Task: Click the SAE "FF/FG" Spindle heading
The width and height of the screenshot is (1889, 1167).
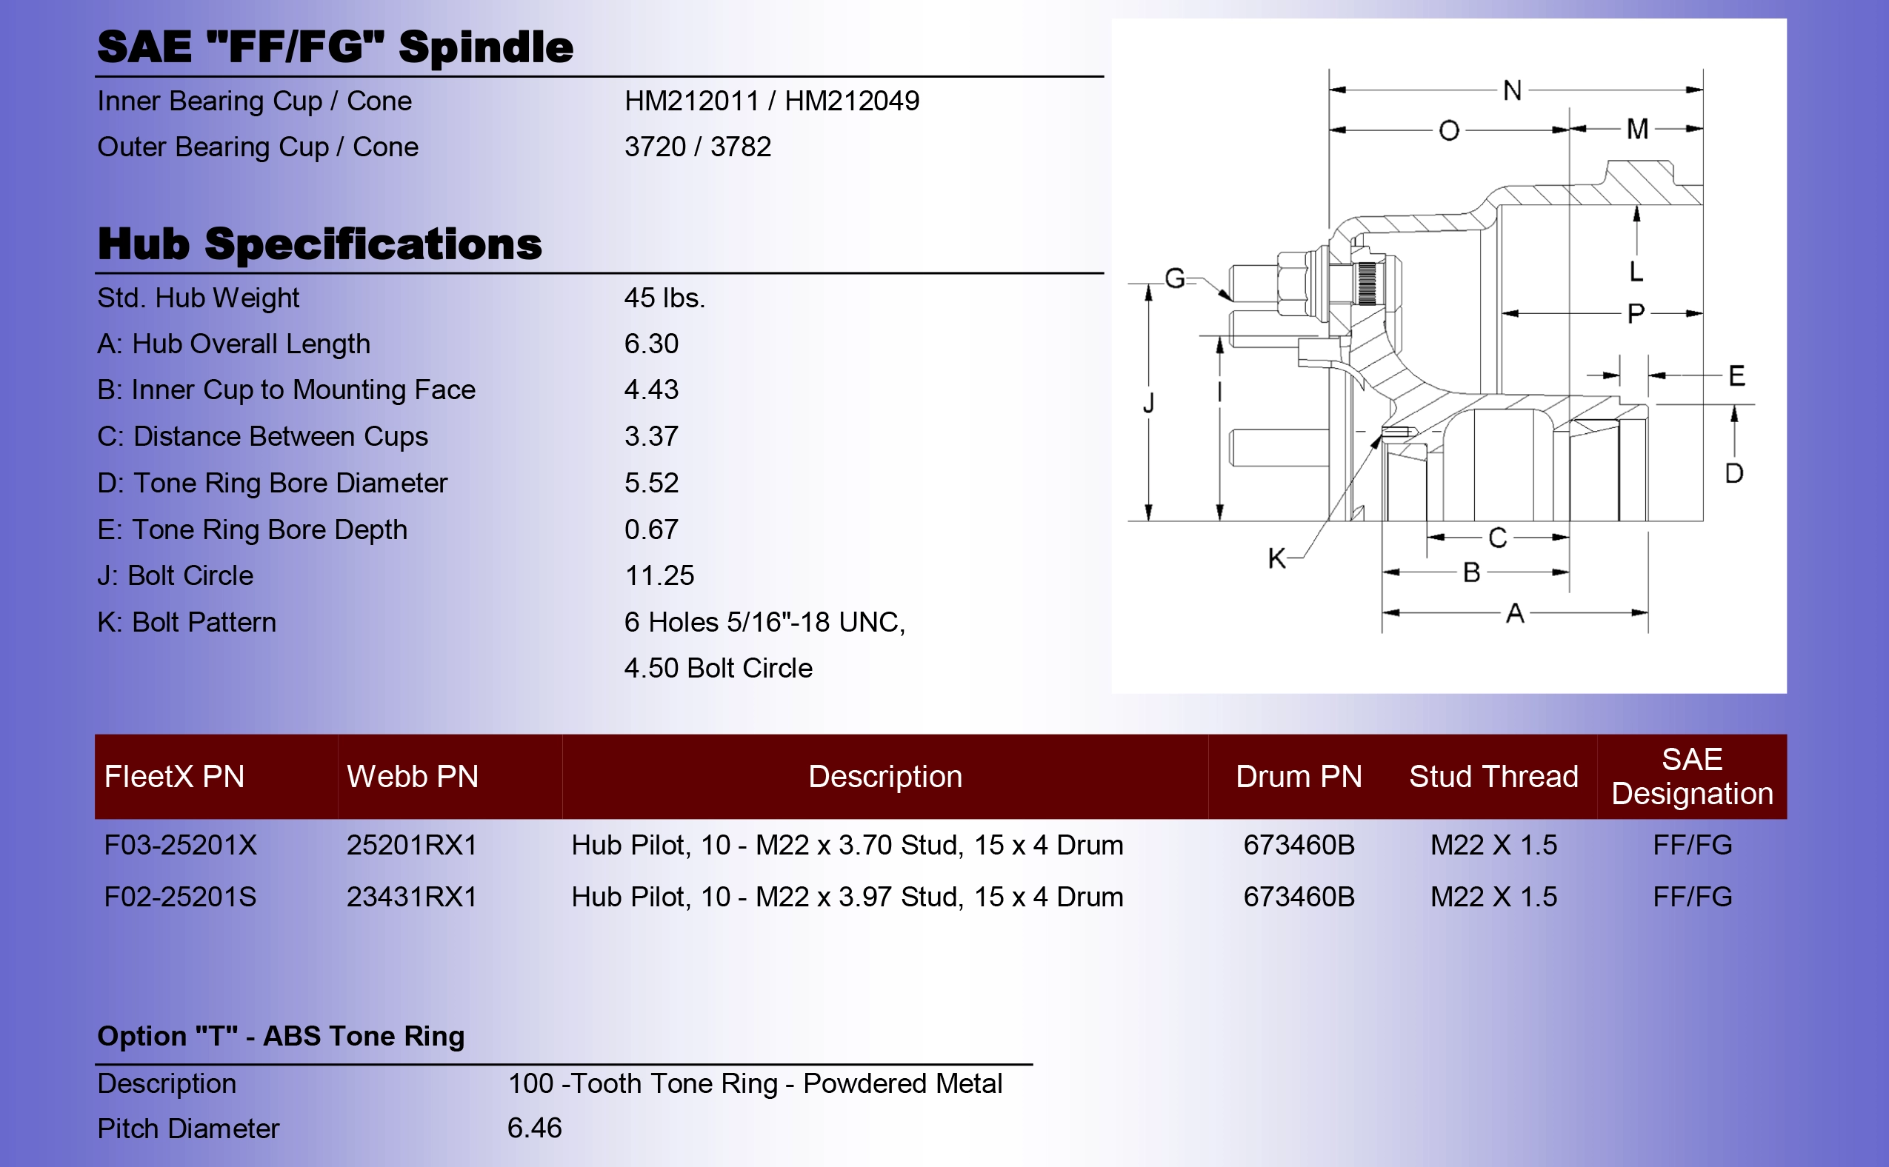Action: pos(335,47)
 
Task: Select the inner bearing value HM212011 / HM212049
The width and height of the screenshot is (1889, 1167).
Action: pos(772,101)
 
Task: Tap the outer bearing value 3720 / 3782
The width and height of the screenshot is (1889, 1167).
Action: pos(698,147)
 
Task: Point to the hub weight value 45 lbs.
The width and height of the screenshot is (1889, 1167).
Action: pos(664,298)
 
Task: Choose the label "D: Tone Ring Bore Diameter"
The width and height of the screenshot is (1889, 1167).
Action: pos(273,483)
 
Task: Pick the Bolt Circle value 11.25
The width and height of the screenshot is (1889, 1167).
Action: pos(659,576)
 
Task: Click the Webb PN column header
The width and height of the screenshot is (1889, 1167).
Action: pos(412,777)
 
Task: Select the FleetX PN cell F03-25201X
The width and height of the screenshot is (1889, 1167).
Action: pos(181,845)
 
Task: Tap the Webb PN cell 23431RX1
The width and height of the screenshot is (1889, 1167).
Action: pos(411,897)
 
